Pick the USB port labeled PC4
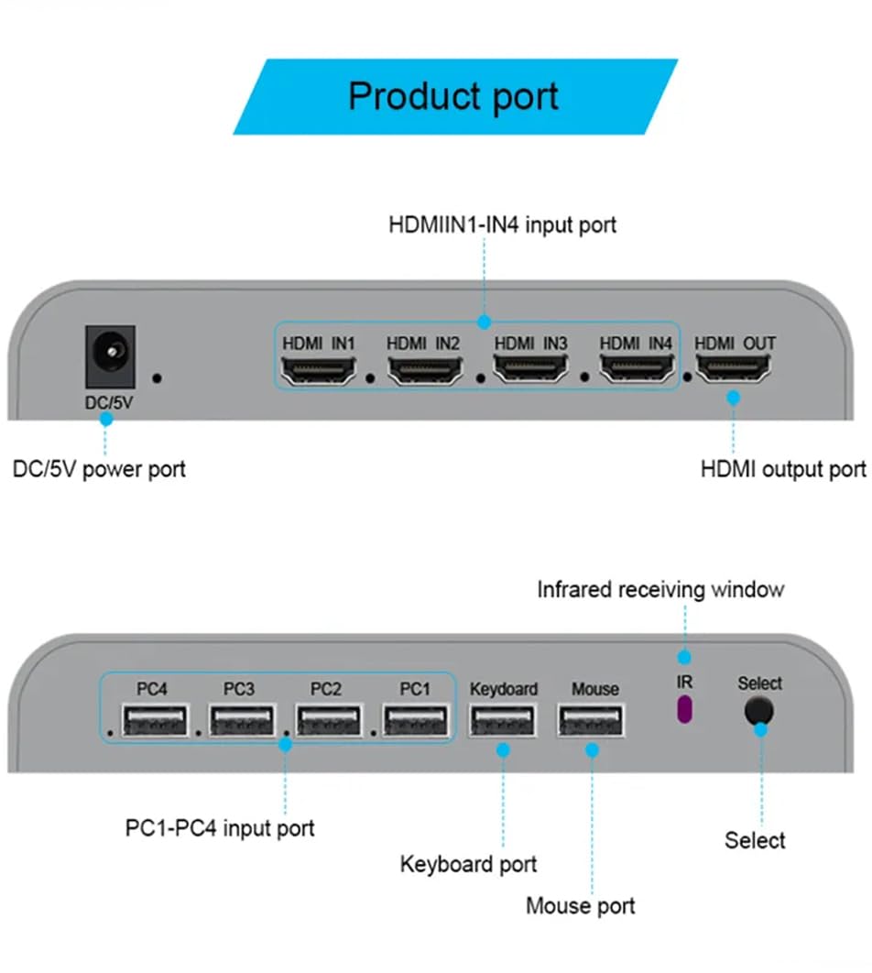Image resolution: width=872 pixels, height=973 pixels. pos(153,720)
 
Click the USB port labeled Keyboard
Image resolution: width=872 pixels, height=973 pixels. pos(503,720)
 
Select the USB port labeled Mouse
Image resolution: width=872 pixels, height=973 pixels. pos(592,720)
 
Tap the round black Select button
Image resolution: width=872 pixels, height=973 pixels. pos(758,711)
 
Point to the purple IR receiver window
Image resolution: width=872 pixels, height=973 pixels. pos(683,710)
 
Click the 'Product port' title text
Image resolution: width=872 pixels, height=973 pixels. pos(453,96)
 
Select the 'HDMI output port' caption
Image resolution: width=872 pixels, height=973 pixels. pos(782,469)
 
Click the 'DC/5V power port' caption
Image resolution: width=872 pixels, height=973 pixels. pos(99,469)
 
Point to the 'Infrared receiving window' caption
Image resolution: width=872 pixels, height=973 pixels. pos(659,588)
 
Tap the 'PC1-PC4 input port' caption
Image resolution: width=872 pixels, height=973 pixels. pos(219,828)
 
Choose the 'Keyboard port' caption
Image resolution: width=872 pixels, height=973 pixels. pos(468,864)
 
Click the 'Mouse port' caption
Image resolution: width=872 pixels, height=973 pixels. pos(580,906)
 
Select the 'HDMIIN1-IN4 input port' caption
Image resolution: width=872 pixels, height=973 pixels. pos(502,224)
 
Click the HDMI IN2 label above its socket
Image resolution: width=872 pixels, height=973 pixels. pos(422,344)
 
